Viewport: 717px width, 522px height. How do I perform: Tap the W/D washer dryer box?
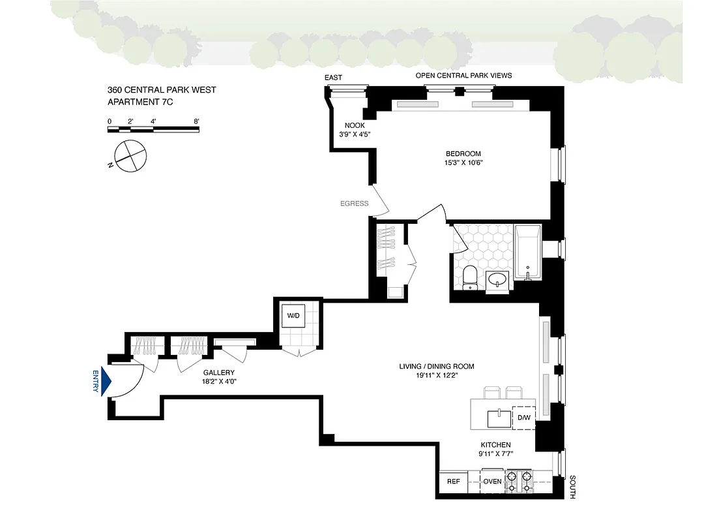point(293,316)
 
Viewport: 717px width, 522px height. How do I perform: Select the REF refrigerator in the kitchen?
point(453,482)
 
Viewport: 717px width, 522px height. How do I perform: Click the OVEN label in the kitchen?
point(492,482)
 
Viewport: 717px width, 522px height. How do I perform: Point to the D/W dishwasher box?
point(524,418)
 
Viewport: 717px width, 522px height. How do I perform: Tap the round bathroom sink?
point(499,281)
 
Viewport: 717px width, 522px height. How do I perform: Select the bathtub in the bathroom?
point(527,253)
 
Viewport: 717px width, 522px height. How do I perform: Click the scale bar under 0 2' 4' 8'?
point(153,129)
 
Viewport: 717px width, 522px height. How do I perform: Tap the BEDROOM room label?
point(463,154)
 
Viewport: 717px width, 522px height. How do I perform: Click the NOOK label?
point(355,125)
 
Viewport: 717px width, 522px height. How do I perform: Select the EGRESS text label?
point(354,204)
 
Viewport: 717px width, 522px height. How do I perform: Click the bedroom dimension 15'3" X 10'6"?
point(463,163)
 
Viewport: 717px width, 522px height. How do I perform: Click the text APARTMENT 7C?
point(140,102)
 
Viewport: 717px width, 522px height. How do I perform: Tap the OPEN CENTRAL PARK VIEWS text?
point(463,76)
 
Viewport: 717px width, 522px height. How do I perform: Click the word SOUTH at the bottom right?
point(572,487)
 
